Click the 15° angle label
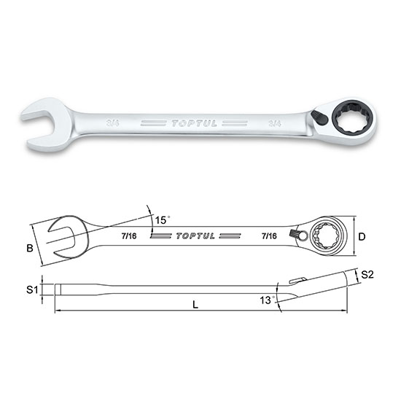(x=163, y=220)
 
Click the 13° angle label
(x=268, y=300)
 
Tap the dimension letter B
(x=30, y=248)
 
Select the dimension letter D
(x=362, y=237)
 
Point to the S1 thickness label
(x=32, y=289)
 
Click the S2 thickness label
(x=367, y=274)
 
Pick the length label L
(x=195, y=305)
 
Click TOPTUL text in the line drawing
(x=195, y=235)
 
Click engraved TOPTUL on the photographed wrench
(x=194, y=123)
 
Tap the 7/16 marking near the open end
(x=129, y=235)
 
